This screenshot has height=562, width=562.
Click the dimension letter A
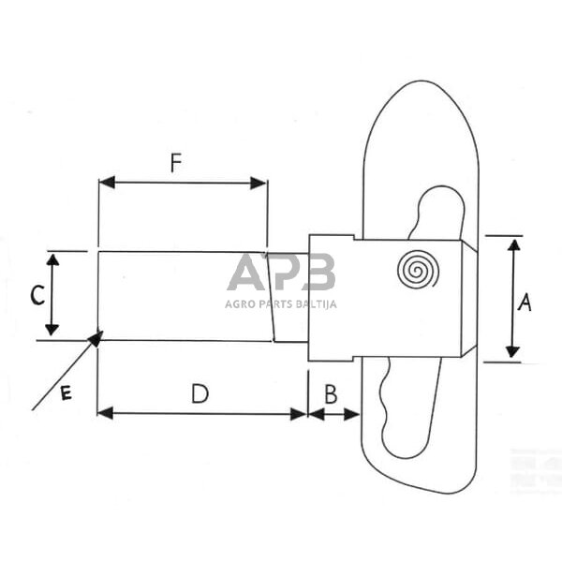click(x=525, y=302)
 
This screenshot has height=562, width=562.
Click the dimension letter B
click(x=331, y=393)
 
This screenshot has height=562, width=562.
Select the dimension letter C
click(x=36, y=296)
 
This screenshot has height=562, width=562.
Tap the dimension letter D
click(x=200, y=394)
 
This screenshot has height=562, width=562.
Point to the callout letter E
click(x=66, y=394)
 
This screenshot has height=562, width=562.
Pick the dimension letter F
click(x=175, y=163)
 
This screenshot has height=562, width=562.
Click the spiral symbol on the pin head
click(x=418, y=271)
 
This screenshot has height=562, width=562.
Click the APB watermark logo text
click(x=280, y=274)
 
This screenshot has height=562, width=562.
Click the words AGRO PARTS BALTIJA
click(x=280, y=303)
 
